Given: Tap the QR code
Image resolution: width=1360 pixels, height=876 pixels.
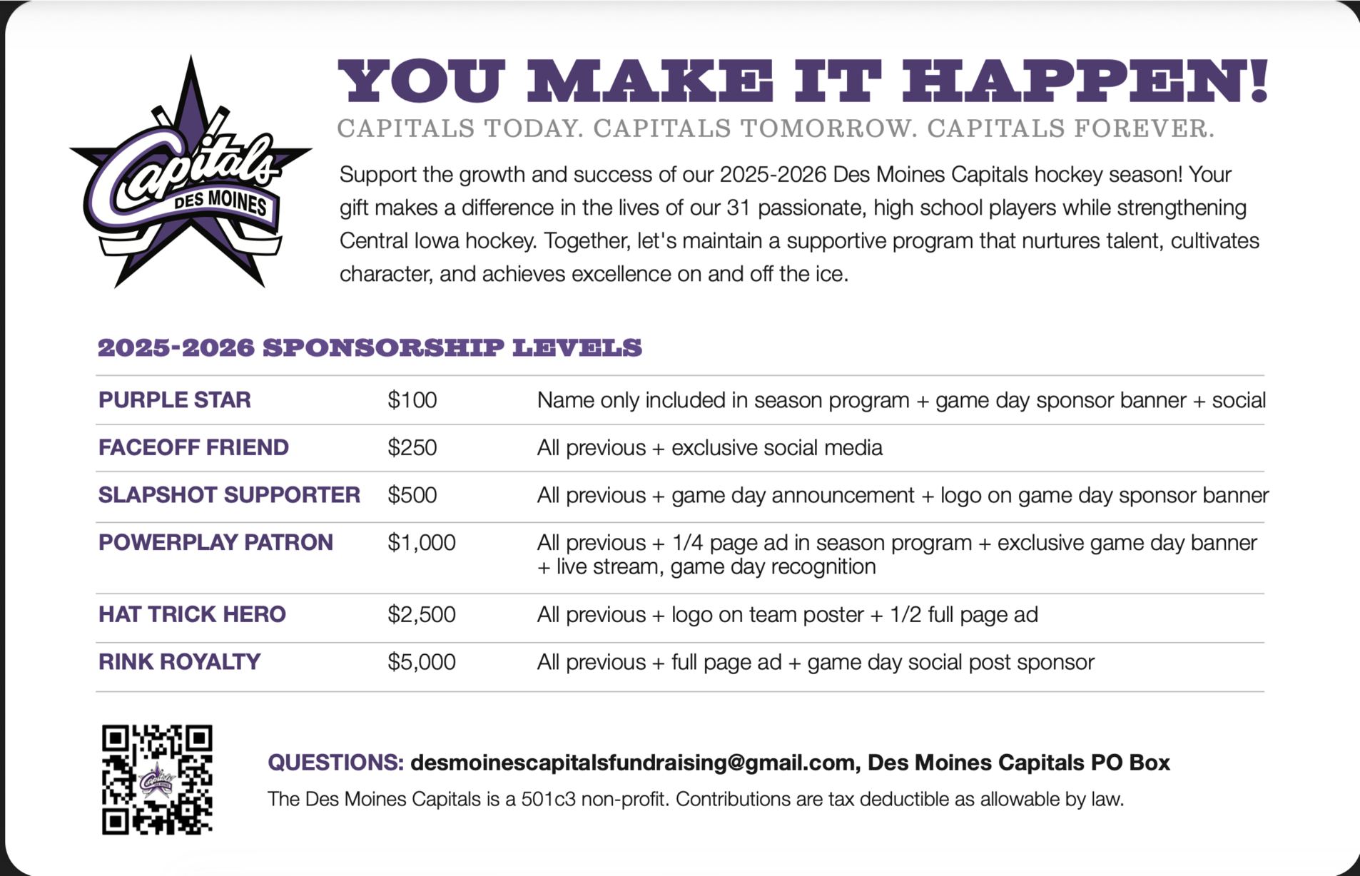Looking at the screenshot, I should (x=157, y=780).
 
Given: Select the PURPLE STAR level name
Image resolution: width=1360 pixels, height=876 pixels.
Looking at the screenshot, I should (x=175, y=400).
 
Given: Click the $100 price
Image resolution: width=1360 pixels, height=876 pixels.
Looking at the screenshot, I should (x=412, y=400).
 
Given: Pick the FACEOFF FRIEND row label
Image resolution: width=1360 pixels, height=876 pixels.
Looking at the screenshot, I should (x=193, y=448).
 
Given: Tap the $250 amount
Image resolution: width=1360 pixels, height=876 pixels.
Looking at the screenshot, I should (x=412, y=448).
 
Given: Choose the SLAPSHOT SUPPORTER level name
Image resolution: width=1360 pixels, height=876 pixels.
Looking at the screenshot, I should (x=229, y=495).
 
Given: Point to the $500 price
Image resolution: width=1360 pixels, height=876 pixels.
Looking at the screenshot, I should (x=412, y=495).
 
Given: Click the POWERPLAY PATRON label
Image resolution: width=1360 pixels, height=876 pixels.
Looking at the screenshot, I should (x=215, y=543).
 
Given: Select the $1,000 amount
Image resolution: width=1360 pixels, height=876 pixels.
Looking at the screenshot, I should (x=421, y=543).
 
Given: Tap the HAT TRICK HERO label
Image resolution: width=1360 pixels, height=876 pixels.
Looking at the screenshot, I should (x=192, y=614).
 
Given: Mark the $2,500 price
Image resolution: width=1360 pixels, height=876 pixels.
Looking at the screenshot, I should (x=421, y=614).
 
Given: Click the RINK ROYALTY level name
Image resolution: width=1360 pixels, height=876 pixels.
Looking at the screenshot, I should (x=179, y=662).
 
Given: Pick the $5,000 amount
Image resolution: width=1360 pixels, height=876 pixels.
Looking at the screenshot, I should (x=421, y=662).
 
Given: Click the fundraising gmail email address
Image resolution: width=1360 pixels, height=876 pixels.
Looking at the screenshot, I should (x=632, y=763).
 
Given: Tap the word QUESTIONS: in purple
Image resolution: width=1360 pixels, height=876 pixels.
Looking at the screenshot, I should (x=335, y=763).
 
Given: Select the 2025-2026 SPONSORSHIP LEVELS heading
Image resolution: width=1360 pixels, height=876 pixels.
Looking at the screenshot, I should (x=370, y=348).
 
